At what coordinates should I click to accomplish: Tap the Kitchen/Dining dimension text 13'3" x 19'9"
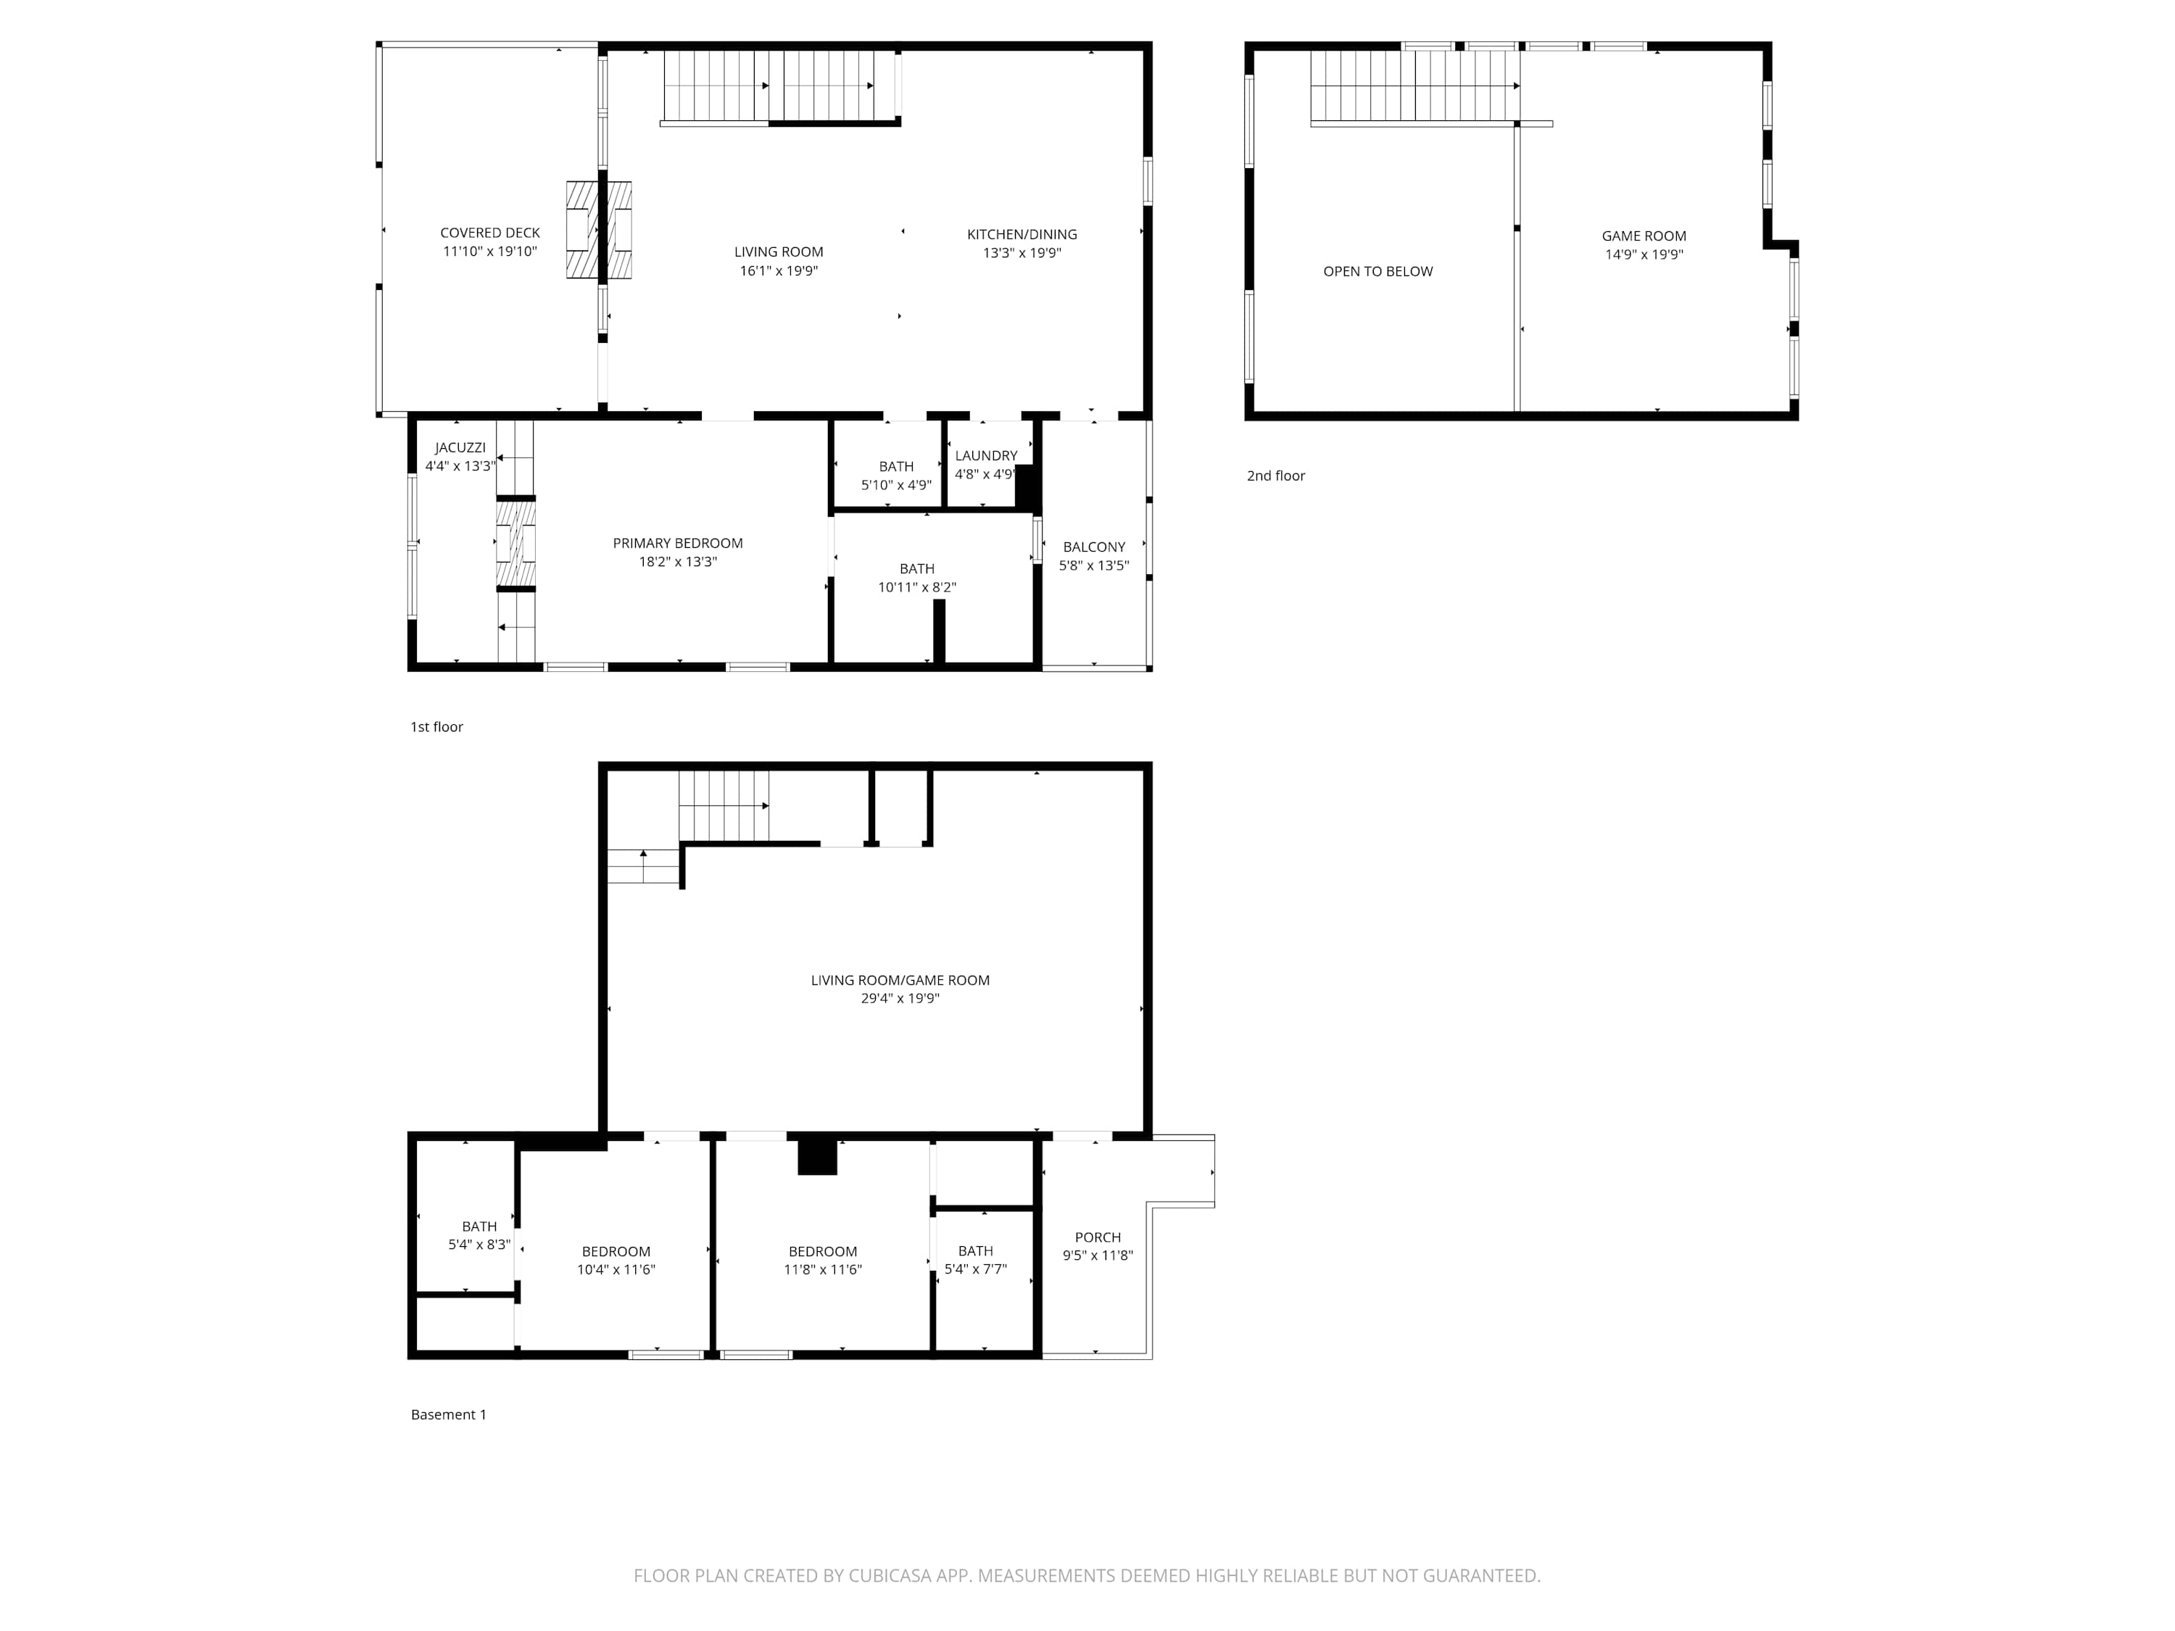(x=1022, y=253)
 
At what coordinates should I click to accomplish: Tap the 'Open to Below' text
(x=1377, y=271)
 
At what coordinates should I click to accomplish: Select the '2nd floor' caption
(x=1275, y=476)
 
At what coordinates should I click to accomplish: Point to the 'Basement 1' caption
(x=448, y=1415)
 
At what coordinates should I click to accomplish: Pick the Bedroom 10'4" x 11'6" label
(x=616, y=1261)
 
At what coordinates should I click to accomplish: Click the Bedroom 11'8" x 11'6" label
(x=822, y=1261)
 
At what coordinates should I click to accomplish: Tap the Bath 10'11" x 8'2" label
(x=916, y=578)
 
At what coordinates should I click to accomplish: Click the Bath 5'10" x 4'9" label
(x=896, y=476)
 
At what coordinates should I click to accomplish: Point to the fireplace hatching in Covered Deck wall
(x=599, y=230)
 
